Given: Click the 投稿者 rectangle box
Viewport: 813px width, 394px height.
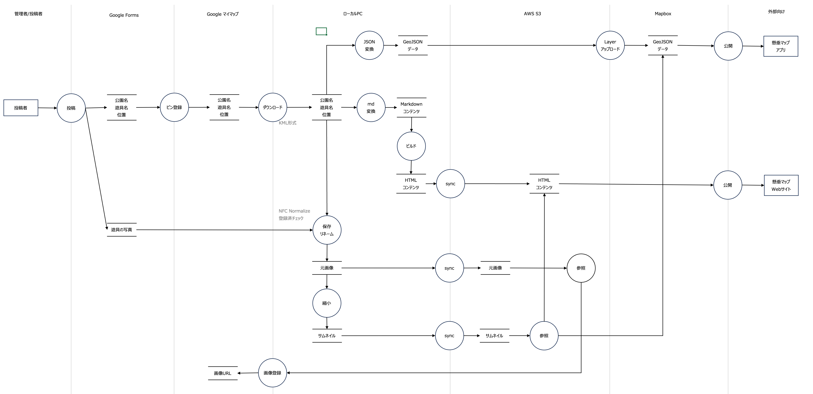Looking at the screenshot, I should point(21,108).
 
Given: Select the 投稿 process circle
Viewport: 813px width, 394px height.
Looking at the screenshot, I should point(71,108).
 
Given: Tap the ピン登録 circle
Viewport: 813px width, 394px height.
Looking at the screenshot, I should point(174,107).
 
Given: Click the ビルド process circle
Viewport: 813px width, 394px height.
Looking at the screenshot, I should point(411,146).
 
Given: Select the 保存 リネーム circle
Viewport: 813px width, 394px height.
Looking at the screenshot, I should point(327,230).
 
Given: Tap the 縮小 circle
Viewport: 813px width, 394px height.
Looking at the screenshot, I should point(327,303).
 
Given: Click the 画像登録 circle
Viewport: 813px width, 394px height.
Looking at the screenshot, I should point(272,373).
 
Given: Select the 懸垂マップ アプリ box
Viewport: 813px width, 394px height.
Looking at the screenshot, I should point(781,46).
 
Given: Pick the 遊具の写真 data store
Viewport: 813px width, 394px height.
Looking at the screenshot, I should point(122,230).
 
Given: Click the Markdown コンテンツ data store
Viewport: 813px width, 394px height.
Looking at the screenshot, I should point(411,108).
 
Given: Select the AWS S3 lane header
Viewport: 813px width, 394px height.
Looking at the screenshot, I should point(532,14).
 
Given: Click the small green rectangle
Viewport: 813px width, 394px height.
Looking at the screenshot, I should point(321,31).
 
